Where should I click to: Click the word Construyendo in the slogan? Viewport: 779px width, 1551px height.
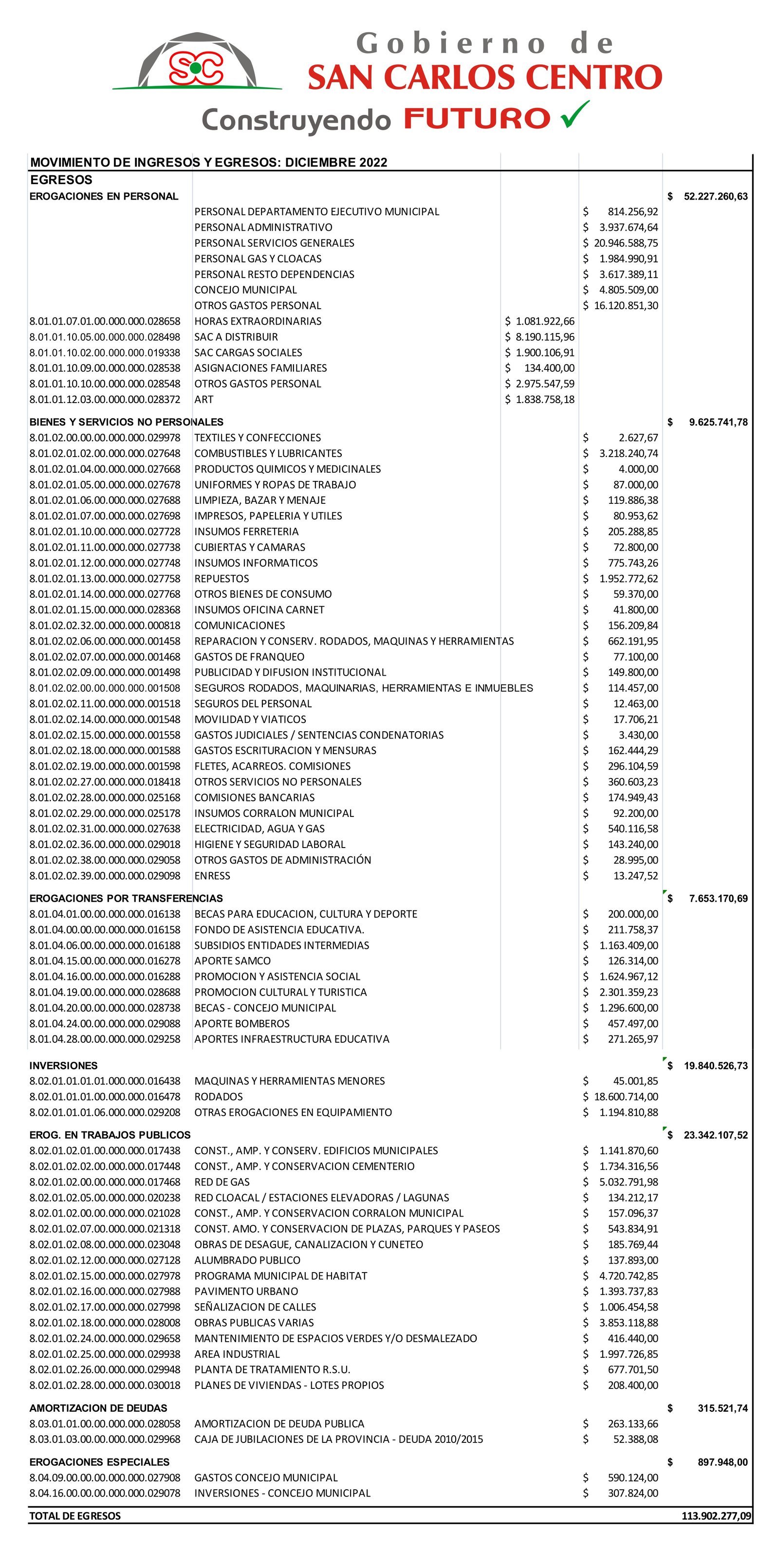pyautogui.click(x=296, y=120)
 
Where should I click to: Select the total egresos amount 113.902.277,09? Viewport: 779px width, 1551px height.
pyautogui.click(x=716, y=1515)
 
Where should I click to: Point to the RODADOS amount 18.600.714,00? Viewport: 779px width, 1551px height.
pyautogui.click(x=626, y=1096)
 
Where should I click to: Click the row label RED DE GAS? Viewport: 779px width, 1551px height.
pyautogui.click(x=222, y=1182)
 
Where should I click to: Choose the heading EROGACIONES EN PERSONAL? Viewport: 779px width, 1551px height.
pyautogui.click(x=104, y=196)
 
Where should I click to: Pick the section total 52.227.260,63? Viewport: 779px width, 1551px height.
pyautogui.click(x=715, y=196)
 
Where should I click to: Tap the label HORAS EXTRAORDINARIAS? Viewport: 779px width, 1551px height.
pyautogui.click(x=258, y=321)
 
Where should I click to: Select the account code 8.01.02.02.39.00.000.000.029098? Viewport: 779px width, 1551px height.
pyautogui.click(x=105, y=875)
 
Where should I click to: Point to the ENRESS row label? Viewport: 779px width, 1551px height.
pyautogui.click(x=212, y=875)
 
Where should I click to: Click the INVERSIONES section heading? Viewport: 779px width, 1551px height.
pyautogui.click(x=63, y=1065)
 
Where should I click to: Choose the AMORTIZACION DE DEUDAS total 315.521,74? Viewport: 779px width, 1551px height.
pyautogui.click(x=723, y=1408)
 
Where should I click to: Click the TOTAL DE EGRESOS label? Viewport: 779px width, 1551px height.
pyautogui.click(x=75, y=1515)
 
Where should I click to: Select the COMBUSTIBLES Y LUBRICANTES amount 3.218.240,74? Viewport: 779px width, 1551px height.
pyautogui.click(x=628, y=453)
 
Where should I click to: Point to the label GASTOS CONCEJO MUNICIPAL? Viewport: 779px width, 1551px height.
pyautogui.click(x=265, y=1477)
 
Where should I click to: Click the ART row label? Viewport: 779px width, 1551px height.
pyautogui.click(x=204, y=399)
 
